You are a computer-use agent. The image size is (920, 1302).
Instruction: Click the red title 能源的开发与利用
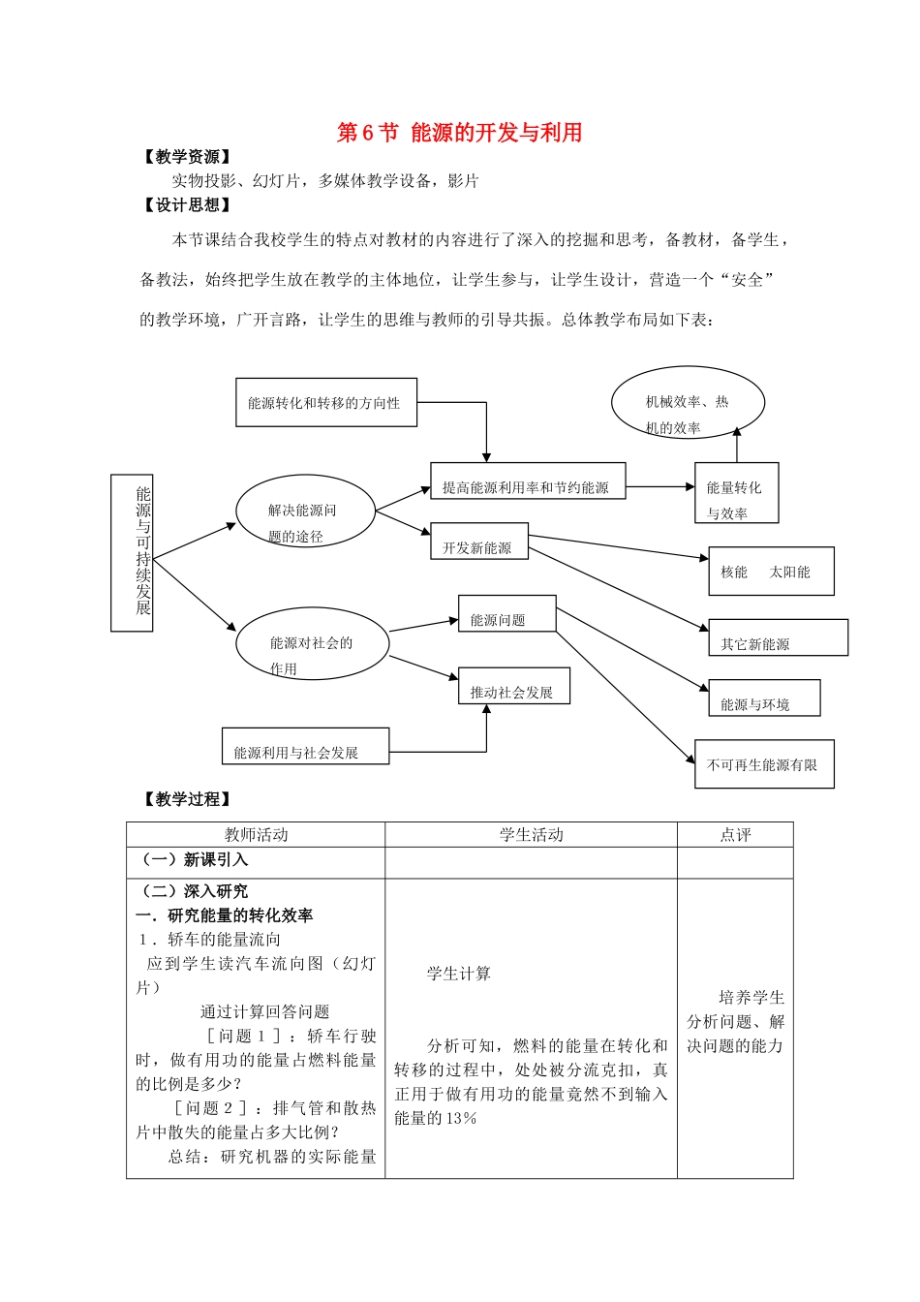459,133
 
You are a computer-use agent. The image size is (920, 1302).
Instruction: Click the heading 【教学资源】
186,157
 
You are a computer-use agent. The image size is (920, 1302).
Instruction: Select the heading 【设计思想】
186,205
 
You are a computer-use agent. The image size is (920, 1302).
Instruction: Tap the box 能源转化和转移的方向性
326,403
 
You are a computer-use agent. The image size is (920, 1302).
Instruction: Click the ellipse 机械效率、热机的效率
688,403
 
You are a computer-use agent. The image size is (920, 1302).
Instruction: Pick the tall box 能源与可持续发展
133,552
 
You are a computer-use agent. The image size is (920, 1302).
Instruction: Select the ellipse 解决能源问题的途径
305,511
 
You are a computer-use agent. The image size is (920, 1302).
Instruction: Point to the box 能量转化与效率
736,493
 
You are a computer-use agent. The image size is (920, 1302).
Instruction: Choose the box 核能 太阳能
771,572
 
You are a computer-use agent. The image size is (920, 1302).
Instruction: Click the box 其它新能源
778,638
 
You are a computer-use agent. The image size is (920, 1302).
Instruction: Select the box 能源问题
506,614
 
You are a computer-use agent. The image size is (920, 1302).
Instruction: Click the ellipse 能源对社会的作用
312,643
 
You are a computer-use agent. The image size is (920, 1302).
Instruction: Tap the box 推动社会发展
513,686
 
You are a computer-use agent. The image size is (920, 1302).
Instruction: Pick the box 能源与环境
764,698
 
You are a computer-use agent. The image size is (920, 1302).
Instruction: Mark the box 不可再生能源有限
764,764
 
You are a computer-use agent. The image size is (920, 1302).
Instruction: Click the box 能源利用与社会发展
305,747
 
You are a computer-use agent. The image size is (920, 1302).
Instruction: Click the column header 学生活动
531,835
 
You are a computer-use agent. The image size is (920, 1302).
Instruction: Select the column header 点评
735,835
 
